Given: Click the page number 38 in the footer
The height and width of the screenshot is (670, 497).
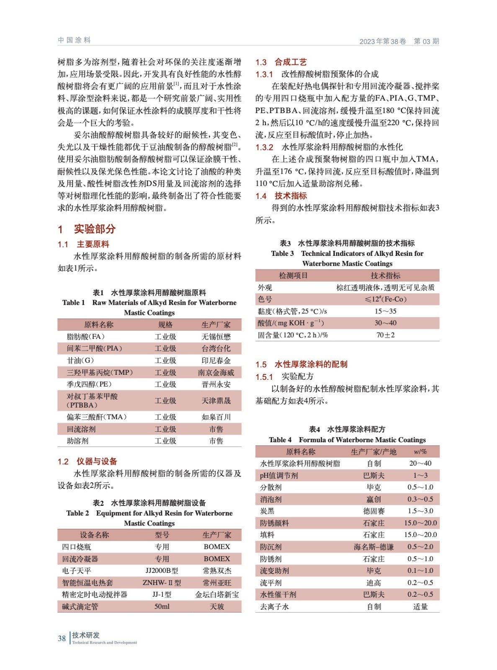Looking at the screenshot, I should point(62,638).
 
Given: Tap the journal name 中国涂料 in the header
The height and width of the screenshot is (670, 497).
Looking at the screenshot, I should point(74,40).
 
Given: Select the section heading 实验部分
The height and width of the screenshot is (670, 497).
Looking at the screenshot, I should point(95,229).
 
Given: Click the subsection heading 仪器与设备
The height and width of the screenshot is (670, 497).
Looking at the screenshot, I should point(96,461).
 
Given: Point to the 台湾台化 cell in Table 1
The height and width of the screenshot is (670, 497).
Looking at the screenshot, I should point(216,348).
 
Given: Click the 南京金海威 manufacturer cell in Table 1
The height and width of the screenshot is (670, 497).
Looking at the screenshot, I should point(216,372).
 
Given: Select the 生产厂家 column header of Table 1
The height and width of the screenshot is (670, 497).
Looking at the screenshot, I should point(216,325).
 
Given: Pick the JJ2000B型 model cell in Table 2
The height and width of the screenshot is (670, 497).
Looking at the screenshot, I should point(162,570).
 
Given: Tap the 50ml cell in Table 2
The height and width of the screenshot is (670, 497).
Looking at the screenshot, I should point(162,606).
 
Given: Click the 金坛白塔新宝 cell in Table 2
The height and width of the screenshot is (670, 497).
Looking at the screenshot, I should point(217,594).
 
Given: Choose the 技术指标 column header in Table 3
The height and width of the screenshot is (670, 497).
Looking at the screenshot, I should point(385,275).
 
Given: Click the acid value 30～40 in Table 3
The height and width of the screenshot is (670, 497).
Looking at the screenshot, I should point(385,323).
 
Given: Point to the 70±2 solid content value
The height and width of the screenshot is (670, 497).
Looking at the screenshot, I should point(385,335).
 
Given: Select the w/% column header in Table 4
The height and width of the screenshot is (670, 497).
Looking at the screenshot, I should point(420,451).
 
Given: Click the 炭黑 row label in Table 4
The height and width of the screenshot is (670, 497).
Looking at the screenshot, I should point(267,511).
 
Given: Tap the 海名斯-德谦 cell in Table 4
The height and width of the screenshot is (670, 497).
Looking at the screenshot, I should point(373,547).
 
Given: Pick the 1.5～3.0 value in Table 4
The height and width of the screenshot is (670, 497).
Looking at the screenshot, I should point(420,511).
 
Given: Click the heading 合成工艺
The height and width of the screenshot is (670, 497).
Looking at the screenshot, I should point(291,62).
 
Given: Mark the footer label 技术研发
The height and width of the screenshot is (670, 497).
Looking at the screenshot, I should point(86,635).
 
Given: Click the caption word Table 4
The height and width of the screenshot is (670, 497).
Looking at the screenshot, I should point(280,440).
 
